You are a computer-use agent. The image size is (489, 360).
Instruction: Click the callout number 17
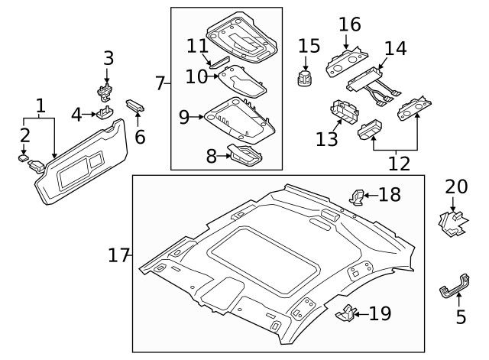coord(118,256)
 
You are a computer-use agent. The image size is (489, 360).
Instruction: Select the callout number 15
coord(309,47)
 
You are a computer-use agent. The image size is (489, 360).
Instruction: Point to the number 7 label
coord(160,83)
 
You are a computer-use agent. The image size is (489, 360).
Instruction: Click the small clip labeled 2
coord(24,158)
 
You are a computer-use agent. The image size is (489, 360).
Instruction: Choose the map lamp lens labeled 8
coord(244,155)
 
